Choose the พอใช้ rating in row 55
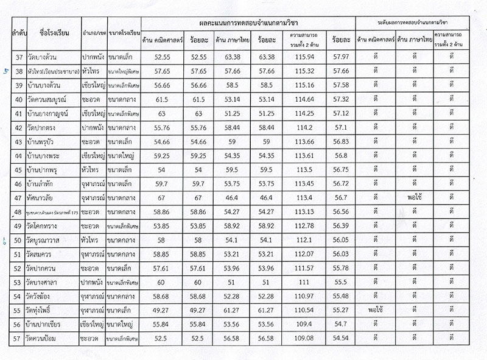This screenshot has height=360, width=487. (x=375, y=309)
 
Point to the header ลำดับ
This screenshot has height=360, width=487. (x=16, y=32)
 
